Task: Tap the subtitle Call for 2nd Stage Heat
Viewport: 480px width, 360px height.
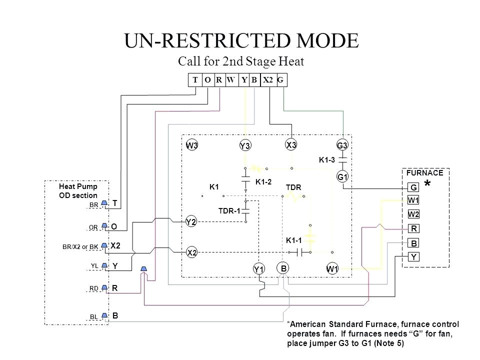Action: (241, 61)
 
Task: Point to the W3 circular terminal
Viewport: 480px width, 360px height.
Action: (192, 145)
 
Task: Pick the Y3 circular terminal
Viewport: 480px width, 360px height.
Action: (244, 145)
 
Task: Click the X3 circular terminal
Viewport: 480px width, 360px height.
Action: (291, 144)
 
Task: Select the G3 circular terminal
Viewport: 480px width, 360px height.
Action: (342, 145)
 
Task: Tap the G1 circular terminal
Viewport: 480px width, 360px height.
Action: (342, 177)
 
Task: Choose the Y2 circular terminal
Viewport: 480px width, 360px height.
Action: (190, 221)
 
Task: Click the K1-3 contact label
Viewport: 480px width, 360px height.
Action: (327, 160)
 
